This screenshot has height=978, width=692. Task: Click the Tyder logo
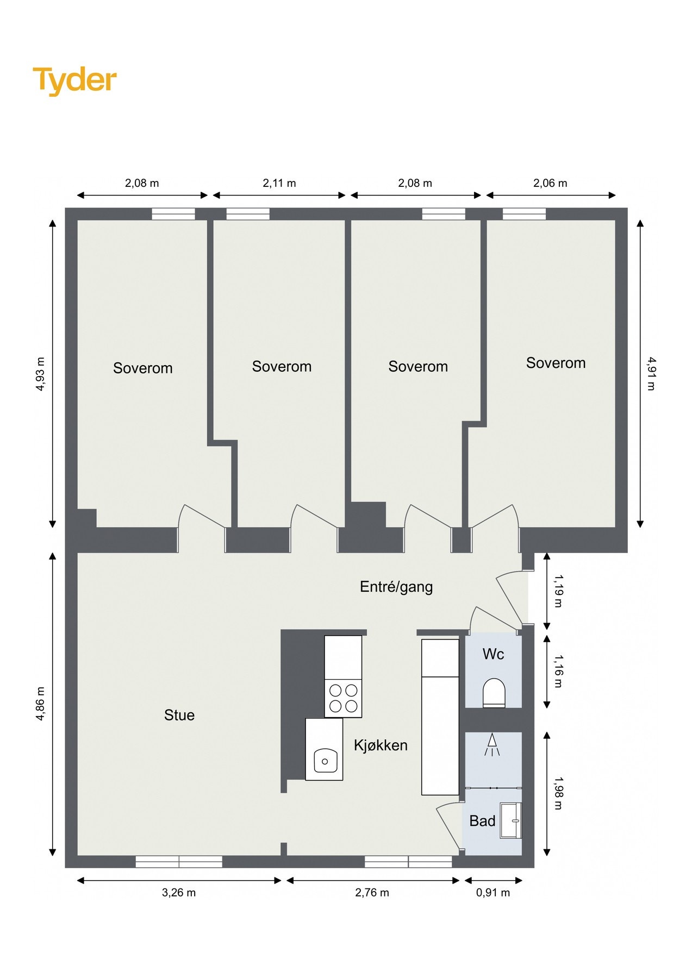pos(75,80)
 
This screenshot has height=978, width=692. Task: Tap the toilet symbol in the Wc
pos(494,692)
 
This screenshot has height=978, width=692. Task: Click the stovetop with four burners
pos(343,698)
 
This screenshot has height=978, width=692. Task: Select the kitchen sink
pos(325,760)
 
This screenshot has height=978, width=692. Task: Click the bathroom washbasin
pos(511,820)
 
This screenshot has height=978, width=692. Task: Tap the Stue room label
pos(179,715)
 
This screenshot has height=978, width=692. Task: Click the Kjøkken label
pos(381,745)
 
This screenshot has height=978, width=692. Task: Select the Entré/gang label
pos(396,587)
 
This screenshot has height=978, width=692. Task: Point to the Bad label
pos(482,820)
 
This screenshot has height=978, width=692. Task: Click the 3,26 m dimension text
pos(179,893)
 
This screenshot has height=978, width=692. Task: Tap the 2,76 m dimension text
pos(372,893)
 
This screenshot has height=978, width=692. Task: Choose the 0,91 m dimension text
pos(493,893)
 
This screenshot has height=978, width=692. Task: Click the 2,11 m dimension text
pos(279,183)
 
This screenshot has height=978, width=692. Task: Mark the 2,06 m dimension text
pos(550,183)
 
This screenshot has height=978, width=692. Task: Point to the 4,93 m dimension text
pos(40,374)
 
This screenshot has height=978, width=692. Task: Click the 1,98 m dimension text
pos(558,793)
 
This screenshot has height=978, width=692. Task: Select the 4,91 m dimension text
pos(651,373)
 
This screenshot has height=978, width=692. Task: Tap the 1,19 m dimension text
pos(558,591)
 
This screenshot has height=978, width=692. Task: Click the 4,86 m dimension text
pos(40,704)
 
